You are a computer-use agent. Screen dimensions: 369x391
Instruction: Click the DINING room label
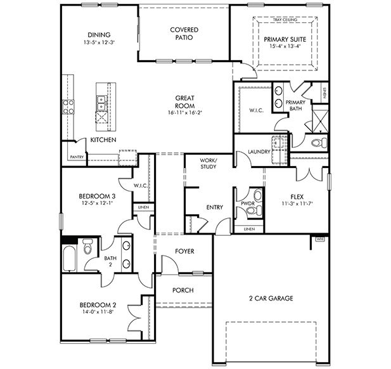point(99,34)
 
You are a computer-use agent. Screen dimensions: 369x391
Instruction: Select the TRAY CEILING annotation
point(285,20)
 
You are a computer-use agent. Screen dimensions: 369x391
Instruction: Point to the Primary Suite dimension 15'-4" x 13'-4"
point(285,46)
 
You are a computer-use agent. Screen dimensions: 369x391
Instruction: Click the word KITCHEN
point(103,139)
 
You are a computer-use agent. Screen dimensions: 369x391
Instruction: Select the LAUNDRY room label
point(260,152)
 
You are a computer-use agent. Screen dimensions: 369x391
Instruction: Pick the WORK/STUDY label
point(208,164)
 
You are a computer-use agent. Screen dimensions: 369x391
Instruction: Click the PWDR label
point(247,204)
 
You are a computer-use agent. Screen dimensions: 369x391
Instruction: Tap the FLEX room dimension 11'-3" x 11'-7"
point(298,203)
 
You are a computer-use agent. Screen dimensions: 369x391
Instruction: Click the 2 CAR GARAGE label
point(271,297)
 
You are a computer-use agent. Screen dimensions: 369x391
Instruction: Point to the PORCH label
point(183,290)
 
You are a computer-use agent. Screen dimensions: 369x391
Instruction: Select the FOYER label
point(184,252)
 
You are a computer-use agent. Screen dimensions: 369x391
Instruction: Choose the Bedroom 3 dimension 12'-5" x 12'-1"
point(96,203)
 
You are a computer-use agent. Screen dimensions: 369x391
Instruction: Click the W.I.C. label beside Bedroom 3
point(140,186)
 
